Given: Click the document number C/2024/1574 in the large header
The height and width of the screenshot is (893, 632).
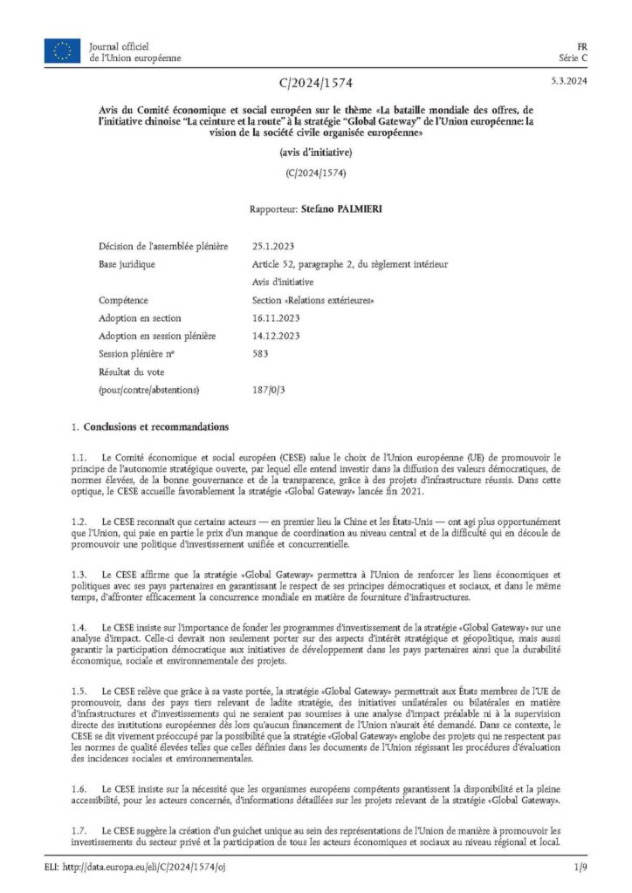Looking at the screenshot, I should point(316,84).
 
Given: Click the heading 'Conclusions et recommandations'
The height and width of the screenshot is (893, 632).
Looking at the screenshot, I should point(155,427).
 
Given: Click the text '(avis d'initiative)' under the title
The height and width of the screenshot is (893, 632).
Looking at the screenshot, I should point(316,152).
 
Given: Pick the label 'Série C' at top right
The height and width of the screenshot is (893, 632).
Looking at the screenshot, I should point(573,58).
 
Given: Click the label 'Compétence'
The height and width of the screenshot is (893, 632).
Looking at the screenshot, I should point(123,300).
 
